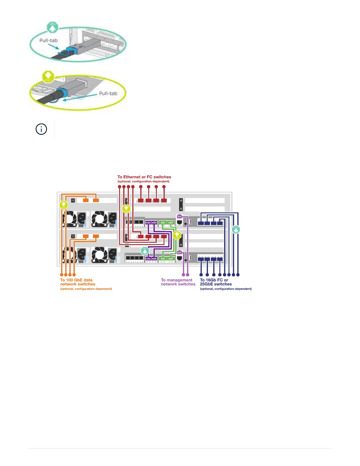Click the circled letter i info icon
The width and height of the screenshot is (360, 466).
(41, 129)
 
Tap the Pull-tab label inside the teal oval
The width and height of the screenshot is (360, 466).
(49, 40)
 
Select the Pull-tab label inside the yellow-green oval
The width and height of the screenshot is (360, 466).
(108, 93)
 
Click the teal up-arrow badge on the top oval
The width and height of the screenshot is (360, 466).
(52, 28)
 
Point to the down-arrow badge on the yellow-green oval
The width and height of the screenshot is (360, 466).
(48, 76)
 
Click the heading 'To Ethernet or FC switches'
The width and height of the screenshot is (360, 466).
(144, 177)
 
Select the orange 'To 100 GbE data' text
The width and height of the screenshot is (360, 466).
(76, 280)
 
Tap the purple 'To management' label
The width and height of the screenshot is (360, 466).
(176, 280)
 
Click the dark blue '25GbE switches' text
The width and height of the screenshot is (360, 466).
(216, 284)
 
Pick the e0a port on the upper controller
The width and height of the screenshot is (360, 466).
(148, 223)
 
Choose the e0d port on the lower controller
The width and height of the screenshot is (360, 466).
(171, 259)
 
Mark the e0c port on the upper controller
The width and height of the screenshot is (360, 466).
(163, 223)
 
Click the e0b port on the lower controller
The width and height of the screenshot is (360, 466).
(154, 259)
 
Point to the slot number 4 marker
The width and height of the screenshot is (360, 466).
(181, 200)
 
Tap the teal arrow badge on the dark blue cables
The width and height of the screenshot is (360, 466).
(236, 229)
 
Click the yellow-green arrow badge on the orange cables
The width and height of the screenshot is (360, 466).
(64, 205)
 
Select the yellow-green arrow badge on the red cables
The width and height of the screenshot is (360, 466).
(126, 209)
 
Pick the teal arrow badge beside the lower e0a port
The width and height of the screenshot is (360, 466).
(145, 251)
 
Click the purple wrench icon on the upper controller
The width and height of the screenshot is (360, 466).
(179, 217)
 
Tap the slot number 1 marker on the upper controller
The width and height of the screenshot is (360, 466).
(73, 200)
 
